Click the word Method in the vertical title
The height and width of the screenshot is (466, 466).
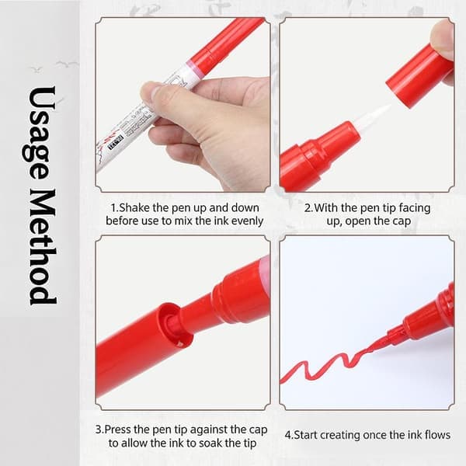coord(42,247)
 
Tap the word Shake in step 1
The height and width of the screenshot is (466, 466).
coord(134,207)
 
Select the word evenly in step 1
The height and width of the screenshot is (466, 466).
coord(249,221)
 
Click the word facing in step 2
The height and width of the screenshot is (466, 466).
coord(415,208)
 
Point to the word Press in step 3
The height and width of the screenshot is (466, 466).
coord(118,429)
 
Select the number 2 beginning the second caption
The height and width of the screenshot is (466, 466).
coord(308,208)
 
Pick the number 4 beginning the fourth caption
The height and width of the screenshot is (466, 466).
coord(288,436)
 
